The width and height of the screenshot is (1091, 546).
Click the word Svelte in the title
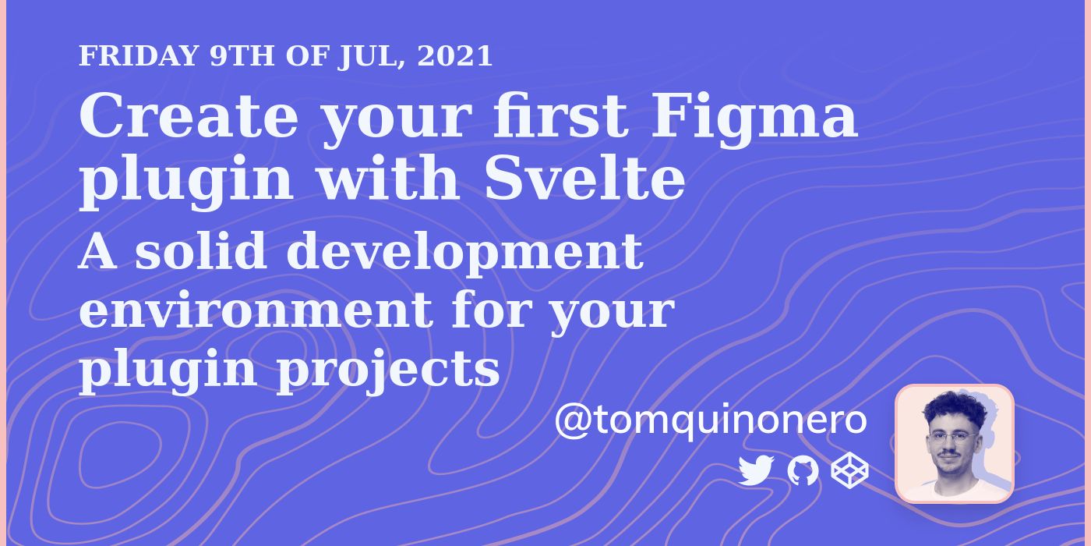[x=584, y=179]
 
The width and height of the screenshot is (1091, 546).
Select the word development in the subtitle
[x=464, y=254]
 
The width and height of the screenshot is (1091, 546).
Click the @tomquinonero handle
[x=710, y=421]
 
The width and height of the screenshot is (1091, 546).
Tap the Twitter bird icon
[x=755, y=471]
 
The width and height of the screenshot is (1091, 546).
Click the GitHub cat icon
[x=803, y=471]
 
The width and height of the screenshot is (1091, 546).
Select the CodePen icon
[x=849, y=471]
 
